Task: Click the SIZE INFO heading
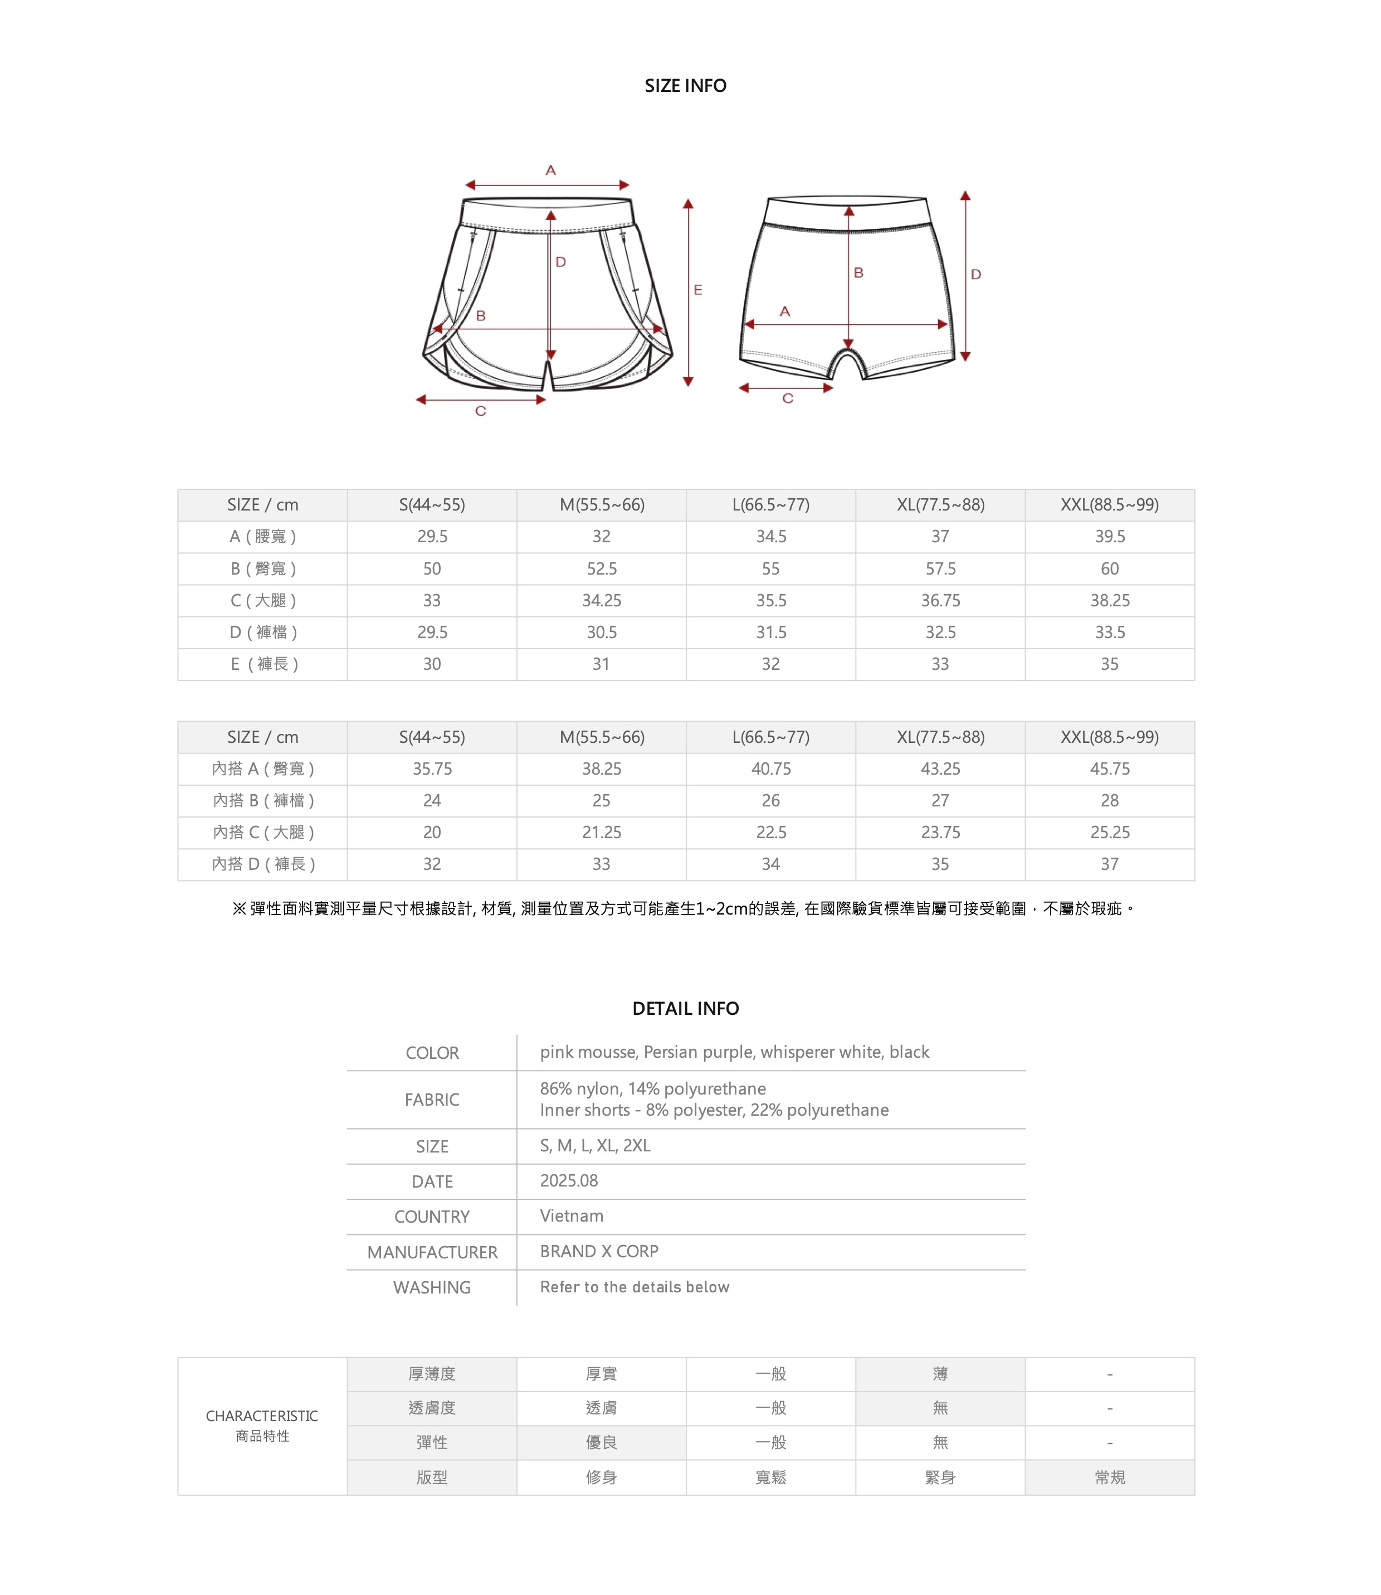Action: pos(685,86)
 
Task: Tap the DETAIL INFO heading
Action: pos(685,1008)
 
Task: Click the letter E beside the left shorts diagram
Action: pos(698,290)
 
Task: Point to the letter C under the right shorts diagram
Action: pos(788,398)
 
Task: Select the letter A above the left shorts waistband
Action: pos(550,171)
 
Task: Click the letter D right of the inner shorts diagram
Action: pos(975,274)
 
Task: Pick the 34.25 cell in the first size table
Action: pos(601,601)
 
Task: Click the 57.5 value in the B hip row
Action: pos(940,569)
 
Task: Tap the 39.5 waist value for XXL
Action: pos(1110,537)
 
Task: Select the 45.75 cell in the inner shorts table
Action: pos(1110,769)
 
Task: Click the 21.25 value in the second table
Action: pos(601,833)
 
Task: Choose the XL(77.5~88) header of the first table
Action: pos(940,505)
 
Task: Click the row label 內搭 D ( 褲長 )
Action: pos(263,864)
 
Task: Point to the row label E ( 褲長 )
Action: pos(263,664)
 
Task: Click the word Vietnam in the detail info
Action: pos(571,1215)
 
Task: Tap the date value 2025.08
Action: pos(569,1180)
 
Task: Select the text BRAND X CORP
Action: pos(599,1251)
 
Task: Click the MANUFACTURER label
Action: pos(432,1252)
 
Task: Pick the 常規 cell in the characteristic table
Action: pos(1110,1477)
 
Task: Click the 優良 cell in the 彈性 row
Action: pos(601,1442)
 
